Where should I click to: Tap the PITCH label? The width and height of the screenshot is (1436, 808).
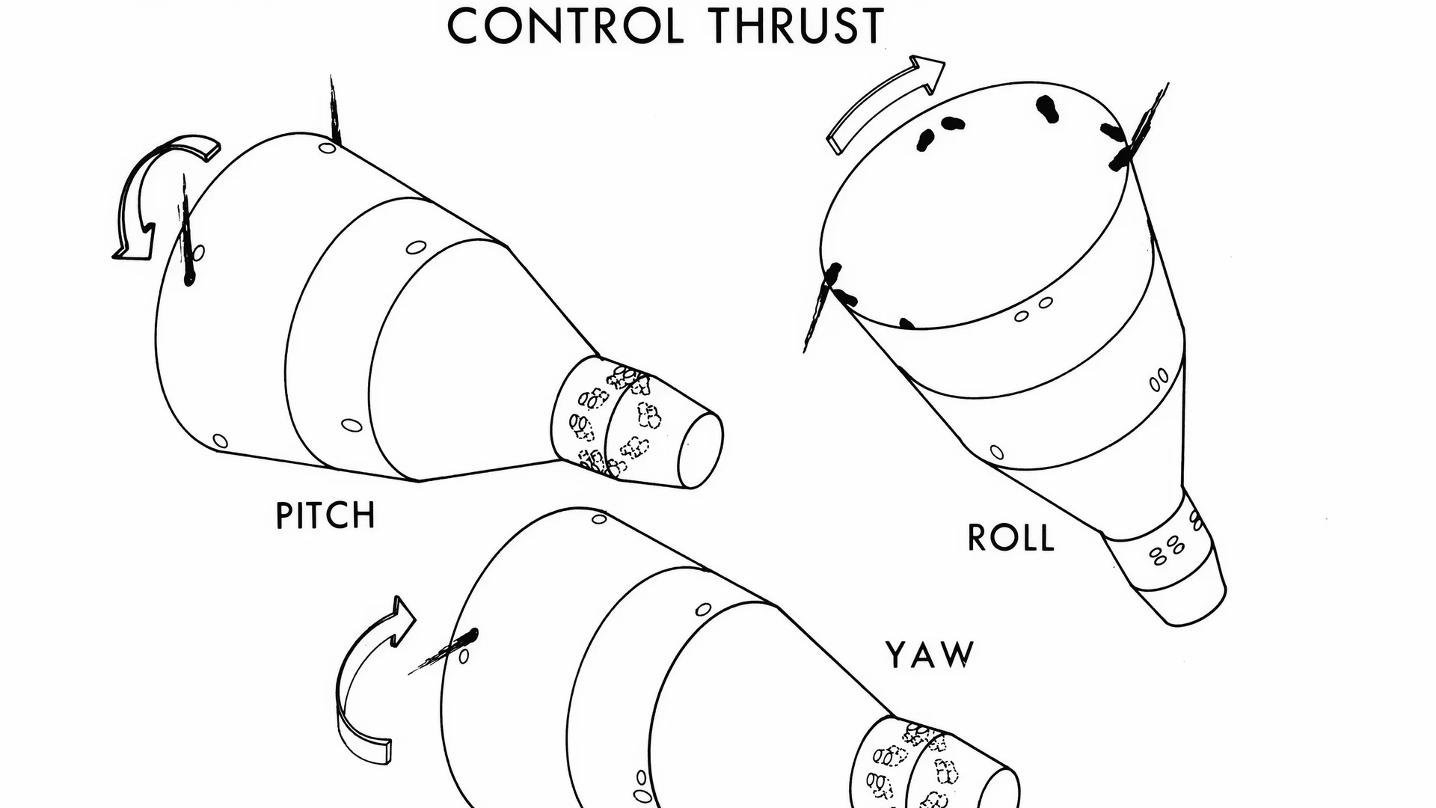pyautogui.click(x=325, y=515)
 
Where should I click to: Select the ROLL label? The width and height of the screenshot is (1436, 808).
pyautogui.click(x=1011, y=537)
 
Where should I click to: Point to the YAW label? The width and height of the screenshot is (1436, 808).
pyautogui.click(x=930, y=654)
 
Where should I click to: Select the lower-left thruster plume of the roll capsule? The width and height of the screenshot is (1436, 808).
pyautogui.click(x=820, y=307)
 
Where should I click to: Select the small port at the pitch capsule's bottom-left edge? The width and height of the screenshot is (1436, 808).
pyautogui.click(x=220, y=441)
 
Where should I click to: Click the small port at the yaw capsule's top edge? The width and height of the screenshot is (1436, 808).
pyautogui.click(x=599, y=518)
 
